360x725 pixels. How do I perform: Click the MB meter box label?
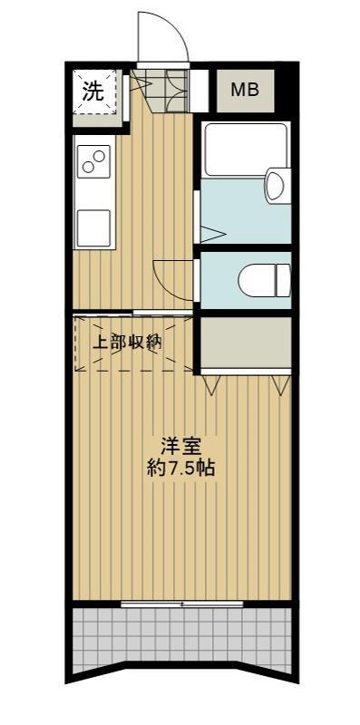242,90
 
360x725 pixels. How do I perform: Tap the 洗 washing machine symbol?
94,91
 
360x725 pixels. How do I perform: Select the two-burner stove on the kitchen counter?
93,162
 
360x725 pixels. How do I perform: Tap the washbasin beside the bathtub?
275,187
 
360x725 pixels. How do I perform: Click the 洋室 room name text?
180,446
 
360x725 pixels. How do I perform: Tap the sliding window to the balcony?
181,603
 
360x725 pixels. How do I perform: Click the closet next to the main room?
245,343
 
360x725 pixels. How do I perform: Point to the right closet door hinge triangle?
280,384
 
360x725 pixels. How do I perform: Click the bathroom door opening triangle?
211,233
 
